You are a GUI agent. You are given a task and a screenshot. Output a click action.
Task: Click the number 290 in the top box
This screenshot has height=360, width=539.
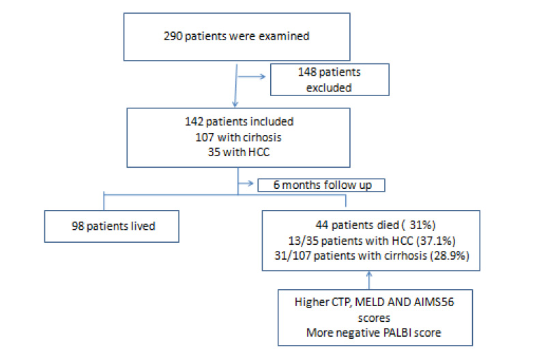(x=173, y=36)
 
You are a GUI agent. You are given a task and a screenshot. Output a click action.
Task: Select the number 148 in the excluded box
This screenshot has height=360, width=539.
(x=307, y=72)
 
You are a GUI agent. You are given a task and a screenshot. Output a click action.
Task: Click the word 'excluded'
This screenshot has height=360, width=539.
(x=329, y=88)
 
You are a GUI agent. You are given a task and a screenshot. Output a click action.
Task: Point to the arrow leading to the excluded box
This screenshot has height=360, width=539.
(x=252, y=76)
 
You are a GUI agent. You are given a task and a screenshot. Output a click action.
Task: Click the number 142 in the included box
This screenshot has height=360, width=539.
(x=194, y=121)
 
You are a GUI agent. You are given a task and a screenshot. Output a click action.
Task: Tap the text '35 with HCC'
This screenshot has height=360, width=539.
(x=239, y=152)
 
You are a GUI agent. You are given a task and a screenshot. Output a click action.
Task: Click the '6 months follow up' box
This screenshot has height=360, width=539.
(x=321, y=185)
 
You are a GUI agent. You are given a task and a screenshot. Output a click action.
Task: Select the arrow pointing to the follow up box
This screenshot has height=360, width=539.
(x=246, y=183)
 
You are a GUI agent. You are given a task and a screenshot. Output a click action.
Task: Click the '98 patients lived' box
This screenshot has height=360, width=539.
(x=112, y=226)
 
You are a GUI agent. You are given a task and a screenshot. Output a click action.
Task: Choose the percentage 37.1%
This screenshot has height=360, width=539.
(x=436, y=241)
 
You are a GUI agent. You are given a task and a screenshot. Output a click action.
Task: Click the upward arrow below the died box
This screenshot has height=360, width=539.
(x=369, y=280)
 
